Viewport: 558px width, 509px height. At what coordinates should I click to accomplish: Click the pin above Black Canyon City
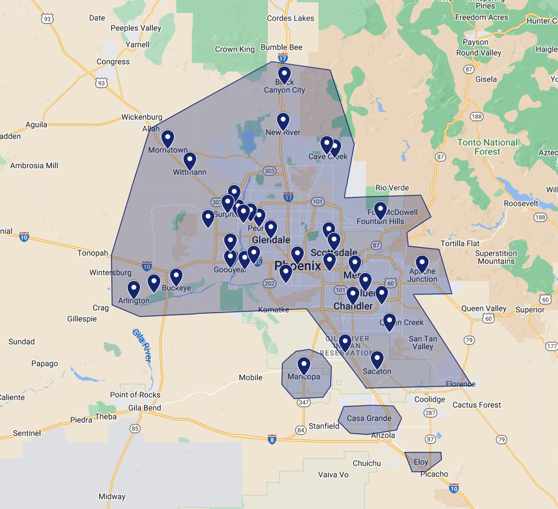pos(284,75)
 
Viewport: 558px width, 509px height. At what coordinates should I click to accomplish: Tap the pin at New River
pos(283,121)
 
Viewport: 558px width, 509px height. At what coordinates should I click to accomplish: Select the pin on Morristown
pos(168,138)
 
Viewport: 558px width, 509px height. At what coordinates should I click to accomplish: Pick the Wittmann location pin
pos(190,160)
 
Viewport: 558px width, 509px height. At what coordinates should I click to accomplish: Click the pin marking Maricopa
pos(304,365)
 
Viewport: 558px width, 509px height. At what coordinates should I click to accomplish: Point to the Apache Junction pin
pos(422,263)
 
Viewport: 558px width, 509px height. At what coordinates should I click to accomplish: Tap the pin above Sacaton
pos(377,359)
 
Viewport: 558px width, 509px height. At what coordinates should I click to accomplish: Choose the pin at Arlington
pos(133,289)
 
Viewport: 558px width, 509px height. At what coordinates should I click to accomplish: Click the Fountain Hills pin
pos(380,210)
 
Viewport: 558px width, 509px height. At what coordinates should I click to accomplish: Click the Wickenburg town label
pos(142,117)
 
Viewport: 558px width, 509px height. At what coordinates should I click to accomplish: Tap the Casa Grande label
pos(369,418)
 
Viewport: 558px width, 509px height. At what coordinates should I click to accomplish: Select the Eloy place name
pos(421,462)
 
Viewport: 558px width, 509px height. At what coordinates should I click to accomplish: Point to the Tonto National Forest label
pos(487,147)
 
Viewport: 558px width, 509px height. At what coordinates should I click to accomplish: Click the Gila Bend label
pos(145,408)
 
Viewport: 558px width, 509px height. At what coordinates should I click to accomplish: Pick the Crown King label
pos(235,49)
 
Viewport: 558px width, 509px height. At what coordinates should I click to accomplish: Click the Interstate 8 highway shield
pos(272,439)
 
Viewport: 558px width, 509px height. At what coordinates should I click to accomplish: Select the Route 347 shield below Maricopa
pos(304,402)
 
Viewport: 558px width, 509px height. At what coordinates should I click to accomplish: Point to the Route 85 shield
pos(135,429)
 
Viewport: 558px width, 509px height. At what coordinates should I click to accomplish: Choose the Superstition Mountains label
pos(496,257)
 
